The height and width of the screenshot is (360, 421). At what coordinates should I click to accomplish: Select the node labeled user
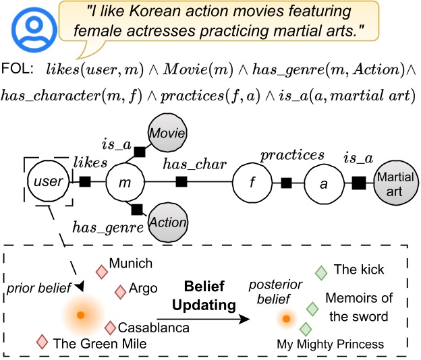(x=48, y=181)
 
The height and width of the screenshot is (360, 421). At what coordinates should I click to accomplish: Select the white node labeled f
(x=251, y=182)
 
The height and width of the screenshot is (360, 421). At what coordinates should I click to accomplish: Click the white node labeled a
(x=323, y=182)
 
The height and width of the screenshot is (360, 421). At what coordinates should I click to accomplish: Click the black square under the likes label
(x=85, y=181)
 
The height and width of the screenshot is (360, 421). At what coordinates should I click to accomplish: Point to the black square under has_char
(x=181, y=181)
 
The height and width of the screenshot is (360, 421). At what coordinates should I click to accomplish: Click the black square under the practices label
(x=287, y=181)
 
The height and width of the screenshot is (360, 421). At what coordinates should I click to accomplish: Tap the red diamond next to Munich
(x=102, y=272)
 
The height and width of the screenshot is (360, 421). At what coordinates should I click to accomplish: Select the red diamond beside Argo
(x=120, y=292)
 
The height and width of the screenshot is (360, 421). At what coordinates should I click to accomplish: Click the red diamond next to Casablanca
(x=111, y=327)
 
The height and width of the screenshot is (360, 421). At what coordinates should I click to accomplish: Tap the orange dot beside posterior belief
(x=287, y=318)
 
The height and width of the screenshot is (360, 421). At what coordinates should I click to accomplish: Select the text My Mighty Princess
(x=330, y=344)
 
